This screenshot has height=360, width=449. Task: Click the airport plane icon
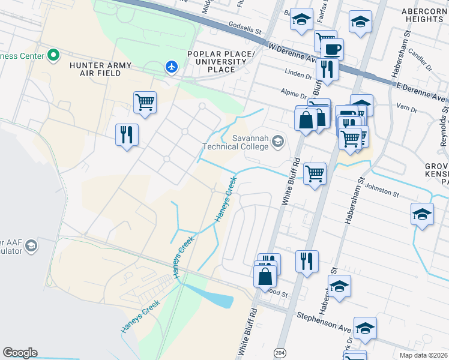click(172, 67)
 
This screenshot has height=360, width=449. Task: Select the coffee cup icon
click(331, 49)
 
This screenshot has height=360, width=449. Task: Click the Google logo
click(20, 353)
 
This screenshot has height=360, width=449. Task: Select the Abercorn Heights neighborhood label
click(415, 15)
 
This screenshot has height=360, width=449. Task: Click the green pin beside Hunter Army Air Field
click(53, 56)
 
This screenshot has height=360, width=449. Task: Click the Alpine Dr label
click(294, 94)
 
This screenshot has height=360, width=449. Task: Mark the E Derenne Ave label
click(421, 92)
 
